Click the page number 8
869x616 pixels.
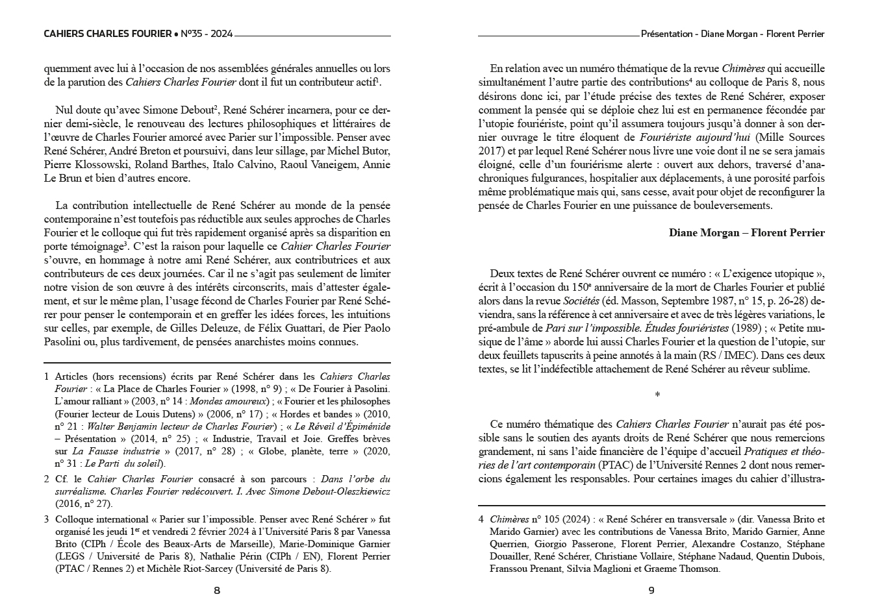(x=217, y=591)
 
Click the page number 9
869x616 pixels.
(x=651, y=591)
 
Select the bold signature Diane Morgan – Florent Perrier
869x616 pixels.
(x=746, y=232)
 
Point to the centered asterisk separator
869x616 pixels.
(x=657, y=395)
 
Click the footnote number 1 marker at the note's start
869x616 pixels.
(x=47, y=376)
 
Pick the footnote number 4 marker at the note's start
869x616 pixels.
(x=481, y=519)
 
